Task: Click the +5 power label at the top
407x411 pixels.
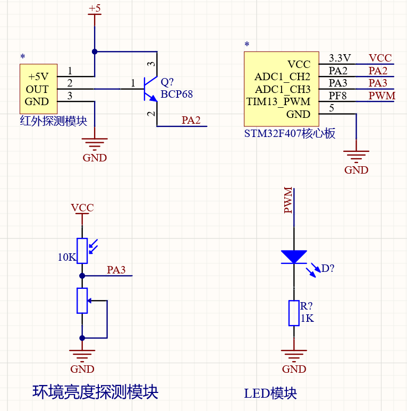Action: pos(95,8)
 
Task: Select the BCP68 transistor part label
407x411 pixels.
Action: pos(176,95)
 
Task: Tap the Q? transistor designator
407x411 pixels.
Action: pos(167,82)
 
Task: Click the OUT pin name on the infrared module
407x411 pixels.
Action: pos(37,89)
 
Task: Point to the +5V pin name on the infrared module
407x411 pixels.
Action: pos(38,76)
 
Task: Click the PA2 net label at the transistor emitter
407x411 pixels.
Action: pos(191,121)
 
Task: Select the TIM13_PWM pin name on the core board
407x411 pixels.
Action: pos(278,101)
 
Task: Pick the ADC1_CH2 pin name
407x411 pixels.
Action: pos(282,77)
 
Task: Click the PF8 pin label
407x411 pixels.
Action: pos(338,96)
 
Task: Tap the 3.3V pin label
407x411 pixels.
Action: pos(340,58)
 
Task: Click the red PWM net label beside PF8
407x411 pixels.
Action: pos(382,96)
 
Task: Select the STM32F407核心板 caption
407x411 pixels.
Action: pos(290,133)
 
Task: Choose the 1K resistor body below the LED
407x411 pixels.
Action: pos(294,313)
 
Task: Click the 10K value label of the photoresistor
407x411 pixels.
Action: pos(67,257)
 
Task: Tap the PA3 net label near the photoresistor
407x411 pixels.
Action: pos(116,270)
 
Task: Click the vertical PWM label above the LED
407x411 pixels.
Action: pos(289,200)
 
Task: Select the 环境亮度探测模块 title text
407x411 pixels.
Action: pos(96,392)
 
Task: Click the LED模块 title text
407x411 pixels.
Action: pos(270,393)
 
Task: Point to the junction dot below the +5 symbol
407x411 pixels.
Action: pos(95,52)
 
